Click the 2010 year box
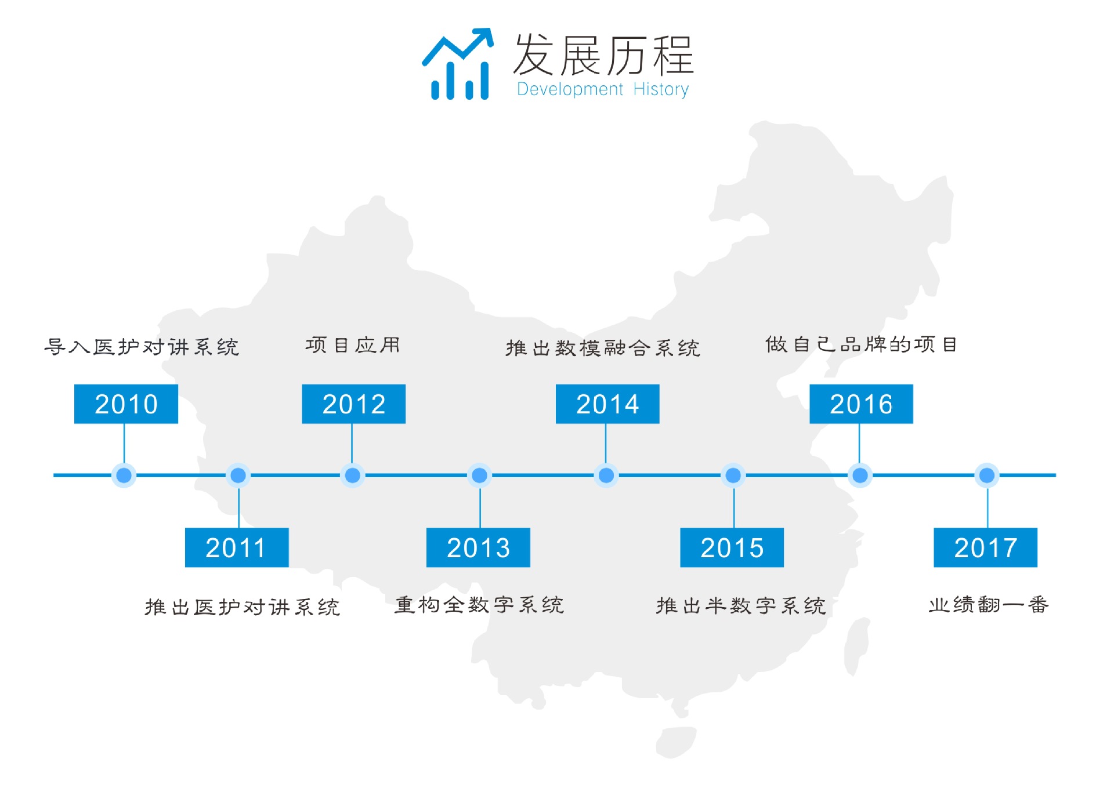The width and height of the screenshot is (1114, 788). click(126, 404)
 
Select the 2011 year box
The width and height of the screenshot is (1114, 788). click(237, 547)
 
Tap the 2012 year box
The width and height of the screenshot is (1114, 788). click(353, 404)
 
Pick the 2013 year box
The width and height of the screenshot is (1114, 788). click(478, 547)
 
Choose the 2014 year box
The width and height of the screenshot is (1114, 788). click(607, 404)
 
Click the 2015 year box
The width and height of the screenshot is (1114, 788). click(732, 547)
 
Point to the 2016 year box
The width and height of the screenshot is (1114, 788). click(861, 404)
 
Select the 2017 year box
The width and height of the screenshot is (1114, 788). click(985, 547)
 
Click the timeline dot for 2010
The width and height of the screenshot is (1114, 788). click(124, 475)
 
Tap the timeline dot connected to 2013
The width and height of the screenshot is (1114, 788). click(479, 475)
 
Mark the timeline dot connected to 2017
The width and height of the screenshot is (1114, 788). click(987, 475)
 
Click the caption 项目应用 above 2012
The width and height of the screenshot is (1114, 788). click(353, 345)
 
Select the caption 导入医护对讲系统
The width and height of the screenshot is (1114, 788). click(142, 347)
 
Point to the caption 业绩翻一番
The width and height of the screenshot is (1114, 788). click(989, 605)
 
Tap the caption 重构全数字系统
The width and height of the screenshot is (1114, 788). click(479, 605)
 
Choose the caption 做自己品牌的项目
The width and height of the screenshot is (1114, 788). click(861, 344)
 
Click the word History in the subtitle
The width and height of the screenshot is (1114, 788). click(661, 89)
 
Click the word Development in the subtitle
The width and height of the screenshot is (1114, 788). click(570, 89)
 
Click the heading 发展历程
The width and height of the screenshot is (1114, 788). click(603, 55)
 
